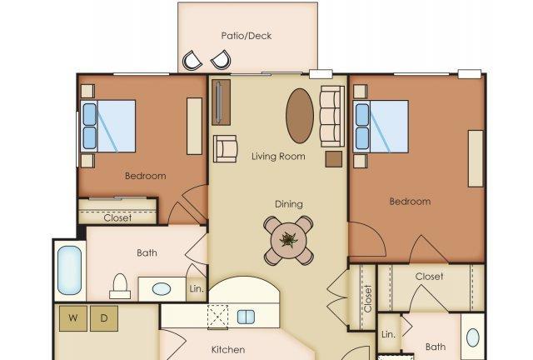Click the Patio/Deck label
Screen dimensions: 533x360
pyautogui.click(x=247, y=36)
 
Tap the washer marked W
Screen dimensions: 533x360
pyautogui.click(x=73, y=318)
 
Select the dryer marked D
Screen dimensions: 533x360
pyautogui.click(x=104, y=318)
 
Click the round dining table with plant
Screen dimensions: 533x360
pyautogui.click(x=289, y=241)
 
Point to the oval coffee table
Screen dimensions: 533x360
pyautogui.click(x=300, y=116)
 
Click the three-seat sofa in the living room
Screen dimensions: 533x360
pyautogui.click(x=332, y=117)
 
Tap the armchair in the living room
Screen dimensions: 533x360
pyautogui.click(x=225, y=148)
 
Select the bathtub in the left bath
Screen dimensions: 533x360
pyautogui.click(x=69, y=270)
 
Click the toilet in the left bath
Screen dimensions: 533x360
pyautogui.click(x=120, y=287)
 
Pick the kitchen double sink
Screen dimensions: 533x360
pyautogui.click(x=246, y=317)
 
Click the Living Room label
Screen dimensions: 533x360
pyautogui.click(x=278, y=157)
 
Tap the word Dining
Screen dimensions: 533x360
pyautogui.click(x=289, y=204)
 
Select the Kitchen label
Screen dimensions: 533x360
pyautogui.click(x=228, y=349)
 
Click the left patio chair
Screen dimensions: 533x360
pyautogui.click(x=192, y=61)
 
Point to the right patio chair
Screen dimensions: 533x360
pyautogui.click(x=221, y=60)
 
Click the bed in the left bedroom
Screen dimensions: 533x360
pyautogui.click(x=108, y=126)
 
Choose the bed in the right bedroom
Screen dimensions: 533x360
pyautogui.click(x=381, y=127)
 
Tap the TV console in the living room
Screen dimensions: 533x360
pyautogui.click(x=222, y=102)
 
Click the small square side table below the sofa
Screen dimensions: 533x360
pyautogui.click(x=334, y=159)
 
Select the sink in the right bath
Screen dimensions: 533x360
pyautogui.click(x=473, y=337)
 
